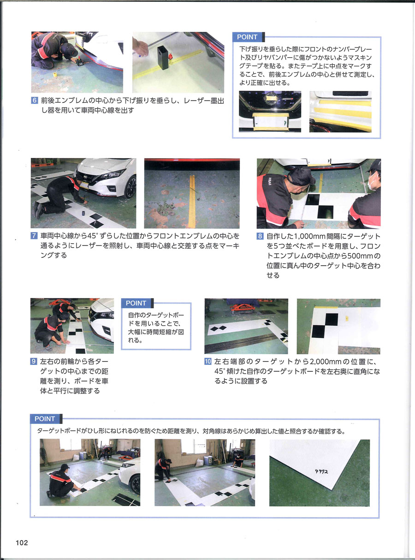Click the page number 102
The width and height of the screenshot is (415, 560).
click(22, 542)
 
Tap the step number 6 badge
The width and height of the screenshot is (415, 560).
click(34, 100)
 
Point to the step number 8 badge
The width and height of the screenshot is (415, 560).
click(260, 236)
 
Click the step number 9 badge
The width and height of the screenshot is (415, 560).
click(34, 361)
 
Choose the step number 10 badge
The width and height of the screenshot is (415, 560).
click(208, 361)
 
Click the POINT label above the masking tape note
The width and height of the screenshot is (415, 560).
click(247, 37)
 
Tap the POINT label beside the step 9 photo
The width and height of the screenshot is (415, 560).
click(136, 303)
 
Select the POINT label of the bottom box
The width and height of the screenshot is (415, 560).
click(45, 419)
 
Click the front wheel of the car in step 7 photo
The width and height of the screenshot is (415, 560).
click(130, 186)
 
